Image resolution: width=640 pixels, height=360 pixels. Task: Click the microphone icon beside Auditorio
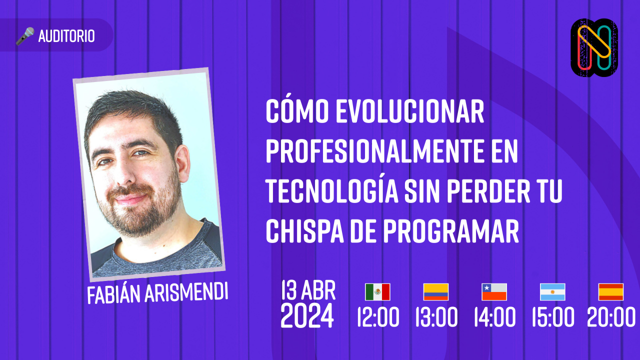click(x=25, y=36)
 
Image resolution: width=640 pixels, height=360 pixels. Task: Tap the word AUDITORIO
click(x=66, y=36)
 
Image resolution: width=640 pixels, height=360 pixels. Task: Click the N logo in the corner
click(x=594, y=48)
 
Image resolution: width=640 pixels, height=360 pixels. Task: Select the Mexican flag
click(x=377, y=292)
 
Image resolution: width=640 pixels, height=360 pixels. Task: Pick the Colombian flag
click(x=436, y=292)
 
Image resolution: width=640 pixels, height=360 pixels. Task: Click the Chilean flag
click(x=494, y=292)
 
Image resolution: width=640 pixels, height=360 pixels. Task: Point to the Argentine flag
click(x=552, y=292)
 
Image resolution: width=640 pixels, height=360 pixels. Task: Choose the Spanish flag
click(x=611, y=292)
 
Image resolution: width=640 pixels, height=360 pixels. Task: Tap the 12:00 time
click(x=378, y=317)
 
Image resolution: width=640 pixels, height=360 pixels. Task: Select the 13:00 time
click(x=436, y=317)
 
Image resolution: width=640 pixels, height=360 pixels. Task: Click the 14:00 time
click(x=494, y=317)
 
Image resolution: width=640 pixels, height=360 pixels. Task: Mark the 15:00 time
click(x=552, y=317)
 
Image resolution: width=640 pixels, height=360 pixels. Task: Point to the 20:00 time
click(x=611, y=317)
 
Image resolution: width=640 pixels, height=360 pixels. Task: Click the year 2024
click(x=307, y=316)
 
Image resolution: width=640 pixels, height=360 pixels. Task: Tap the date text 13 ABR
click(x=308, y=290)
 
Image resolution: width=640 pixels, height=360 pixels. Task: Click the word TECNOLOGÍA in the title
click(x=331, y=191)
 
